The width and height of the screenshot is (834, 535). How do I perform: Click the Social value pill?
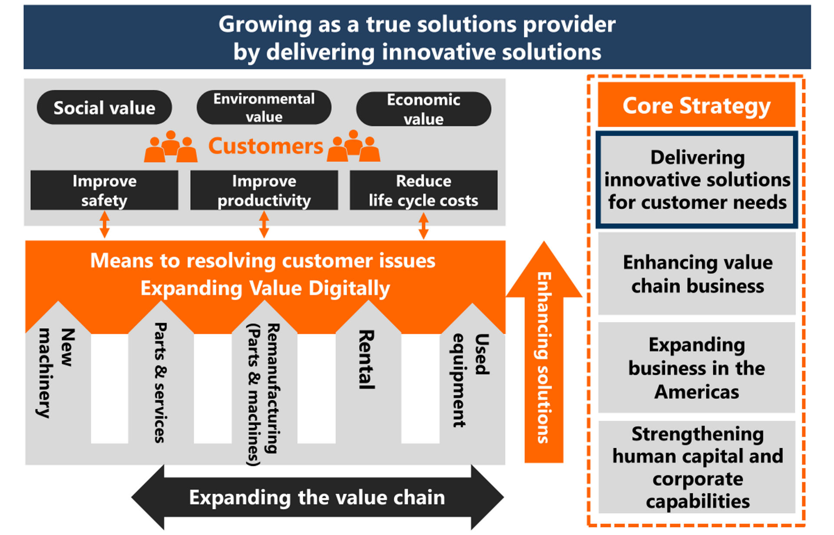[104, 107]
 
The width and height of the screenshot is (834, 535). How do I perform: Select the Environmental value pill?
[264, 107]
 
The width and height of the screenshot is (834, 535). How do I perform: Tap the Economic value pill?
[424, 109]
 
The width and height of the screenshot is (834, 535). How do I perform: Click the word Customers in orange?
[265, 146]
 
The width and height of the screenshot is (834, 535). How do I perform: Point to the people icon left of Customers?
[171, 146]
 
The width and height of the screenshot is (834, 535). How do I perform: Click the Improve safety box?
[104, 190]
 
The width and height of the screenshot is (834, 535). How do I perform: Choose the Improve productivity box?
[264, 190]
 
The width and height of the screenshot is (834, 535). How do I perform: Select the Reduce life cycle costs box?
[424, 190]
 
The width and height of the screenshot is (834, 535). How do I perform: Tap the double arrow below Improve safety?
[104, 225]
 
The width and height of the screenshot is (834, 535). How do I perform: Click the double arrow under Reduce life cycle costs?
[424, 225]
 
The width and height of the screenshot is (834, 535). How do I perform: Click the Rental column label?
[367, 359]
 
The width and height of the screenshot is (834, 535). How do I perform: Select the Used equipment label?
[471, 380]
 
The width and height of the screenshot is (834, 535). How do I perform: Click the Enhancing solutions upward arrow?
[544, 352]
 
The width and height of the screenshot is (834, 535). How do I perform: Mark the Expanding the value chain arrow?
[318, 497]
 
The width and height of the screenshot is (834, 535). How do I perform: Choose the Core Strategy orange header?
[697, 105]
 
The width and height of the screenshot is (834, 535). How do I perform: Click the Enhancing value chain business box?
[697, 274]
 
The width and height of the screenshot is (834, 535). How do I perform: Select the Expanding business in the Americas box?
[697, 367]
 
